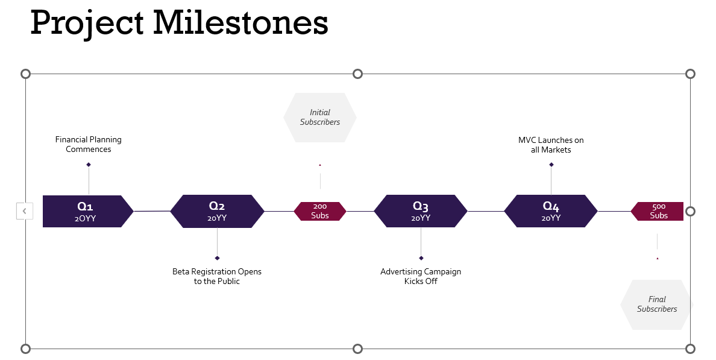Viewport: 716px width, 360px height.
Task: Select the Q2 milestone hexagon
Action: [217, 211]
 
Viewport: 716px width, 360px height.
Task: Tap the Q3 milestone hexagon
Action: [421, 211]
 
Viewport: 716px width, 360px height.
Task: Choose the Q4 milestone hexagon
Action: [551, 211]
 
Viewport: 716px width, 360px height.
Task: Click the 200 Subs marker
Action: [320, 211]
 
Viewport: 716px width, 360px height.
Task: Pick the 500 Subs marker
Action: [658, 211]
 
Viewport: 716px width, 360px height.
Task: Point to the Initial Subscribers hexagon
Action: [320, 118]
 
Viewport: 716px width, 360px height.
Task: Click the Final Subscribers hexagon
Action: [657, 305]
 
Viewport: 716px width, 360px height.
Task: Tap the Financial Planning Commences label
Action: [89, 144]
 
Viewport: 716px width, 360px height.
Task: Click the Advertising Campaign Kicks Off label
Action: [421, 276]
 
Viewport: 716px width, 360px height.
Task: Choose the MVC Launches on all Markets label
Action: [551, 145]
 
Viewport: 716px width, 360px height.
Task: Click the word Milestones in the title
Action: [240, 23]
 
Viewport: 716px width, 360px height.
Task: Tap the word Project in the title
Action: [87, 23]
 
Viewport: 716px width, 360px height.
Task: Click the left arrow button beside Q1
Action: [24, 211]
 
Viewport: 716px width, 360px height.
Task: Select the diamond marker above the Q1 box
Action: [89, 165]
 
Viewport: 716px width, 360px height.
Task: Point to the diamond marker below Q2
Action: [217, 258]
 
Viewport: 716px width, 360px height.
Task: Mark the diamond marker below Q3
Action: [421, 258]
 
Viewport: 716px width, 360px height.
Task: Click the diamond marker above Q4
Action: [551, 165]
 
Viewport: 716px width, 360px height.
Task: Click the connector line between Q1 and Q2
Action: [152, 211]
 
